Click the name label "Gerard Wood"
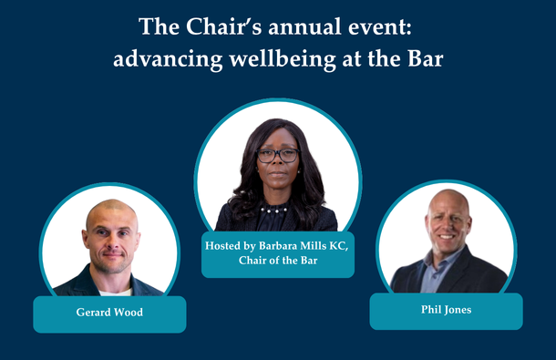[109, 313]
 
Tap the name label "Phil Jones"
[446, 310]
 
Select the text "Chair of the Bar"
[278, 260]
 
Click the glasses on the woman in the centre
[277, 155]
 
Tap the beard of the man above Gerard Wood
[112, 259]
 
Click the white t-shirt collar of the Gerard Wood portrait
[113, 291]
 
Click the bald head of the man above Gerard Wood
[111, 212]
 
